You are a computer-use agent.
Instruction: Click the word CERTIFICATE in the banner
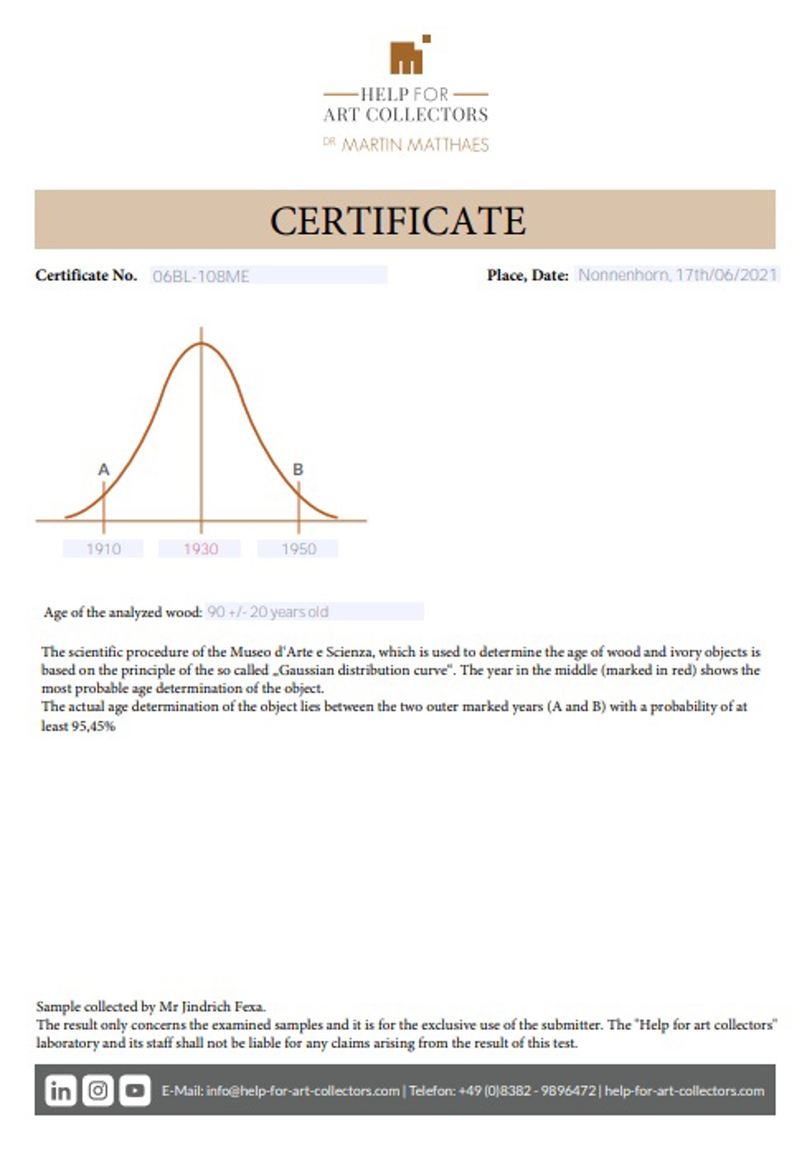point(398,221)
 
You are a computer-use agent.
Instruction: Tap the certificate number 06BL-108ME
point(201,276)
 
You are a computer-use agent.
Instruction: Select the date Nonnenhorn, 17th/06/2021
point(678,275)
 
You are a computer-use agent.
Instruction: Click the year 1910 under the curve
point(104,549)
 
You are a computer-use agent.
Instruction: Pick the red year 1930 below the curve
point(201,549)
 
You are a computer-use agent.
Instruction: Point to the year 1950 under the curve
point(299,549)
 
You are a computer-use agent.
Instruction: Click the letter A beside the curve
point(104,470)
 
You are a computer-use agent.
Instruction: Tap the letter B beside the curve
point(298,470)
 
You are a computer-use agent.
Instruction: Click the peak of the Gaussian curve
point(201,344)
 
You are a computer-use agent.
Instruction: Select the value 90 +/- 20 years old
point(268,612)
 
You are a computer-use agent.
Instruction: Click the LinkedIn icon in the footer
point(60,1091)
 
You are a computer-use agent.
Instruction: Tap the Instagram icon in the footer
point(98,1090)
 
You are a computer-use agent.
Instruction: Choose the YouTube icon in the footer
point(135,1090)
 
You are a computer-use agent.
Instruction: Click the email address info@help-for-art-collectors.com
point(302,1091)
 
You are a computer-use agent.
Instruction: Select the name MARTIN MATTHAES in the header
point(415,145)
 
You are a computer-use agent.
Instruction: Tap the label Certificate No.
point(86,275)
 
